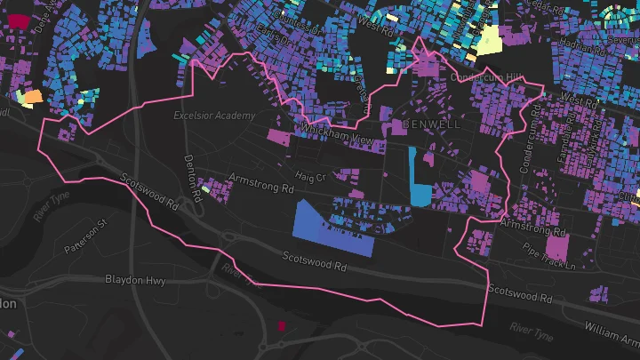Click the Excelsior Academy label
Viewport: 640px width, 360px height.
click(x=214, y=116)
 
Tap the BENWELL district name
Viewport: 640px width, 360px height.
click(x=432, y=124)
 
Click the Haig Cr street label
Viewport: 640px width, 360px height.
click(x=311, y=177)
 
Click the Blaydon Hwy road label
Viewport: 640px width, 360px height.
click(x=135, y=280)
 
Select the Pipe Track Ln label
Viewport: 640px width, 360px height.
click(x=549, y=256)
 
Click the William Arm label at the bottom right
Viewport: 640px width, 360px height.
click(x=612, y=332)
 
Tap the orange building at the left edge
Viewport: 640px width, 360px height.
click(x=30, y=97)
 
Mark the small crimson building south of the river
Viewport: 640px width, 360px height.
click(x=281, y=325)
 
